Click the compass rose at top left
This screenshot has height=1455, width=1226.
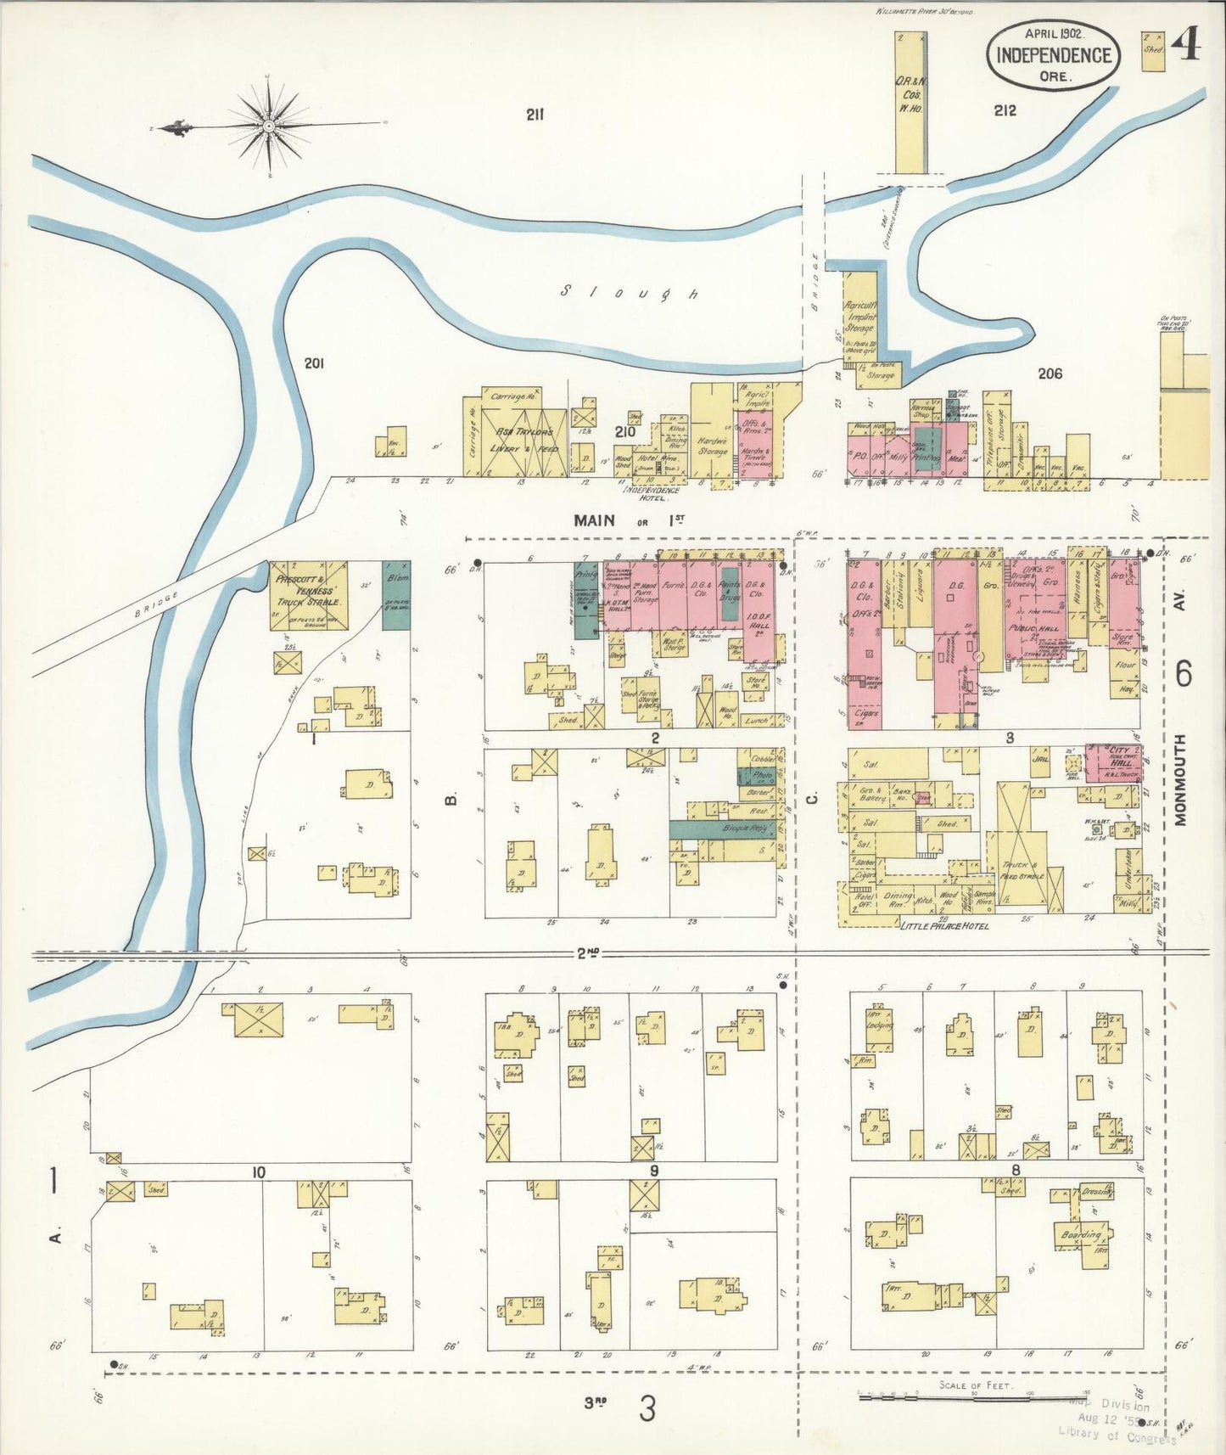268,126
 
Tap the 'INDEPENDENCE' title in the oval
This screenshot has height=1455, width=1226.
1053,55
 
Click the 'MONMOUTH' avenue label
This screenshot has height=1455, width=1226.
1182,780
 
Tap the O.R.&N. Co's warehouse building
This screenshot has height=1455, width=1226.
910,102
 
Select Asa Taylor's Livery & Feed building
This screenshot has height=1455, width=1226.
526,438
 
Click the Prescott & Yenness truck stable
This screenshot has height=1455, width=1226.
308,594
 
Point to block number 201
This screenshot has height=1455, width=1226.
314,363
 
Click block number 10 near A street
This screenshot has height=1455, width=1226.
258,1172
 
